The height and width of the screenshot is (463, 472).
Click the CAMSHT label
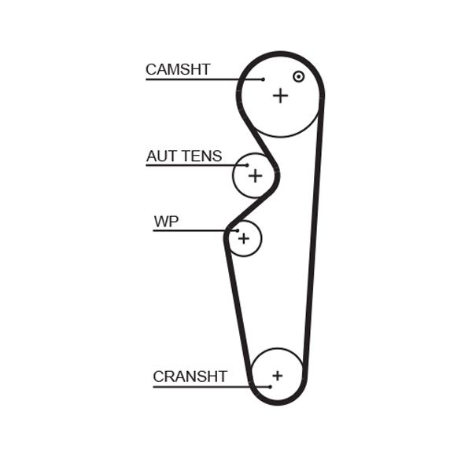(x=178, y=69)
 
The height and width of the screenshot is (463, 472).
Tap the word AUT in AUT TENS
(x=162, y=156)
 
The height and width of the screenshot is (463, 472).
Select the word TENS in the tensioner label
(x=202, y=156)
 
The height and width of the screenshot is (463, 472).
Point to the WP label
(x=166, y=222)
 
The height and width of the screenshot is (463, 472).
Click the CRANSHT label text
(x=190, y=377)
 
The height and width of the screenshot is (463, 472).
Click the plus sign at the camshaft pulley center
(x=280, y=95)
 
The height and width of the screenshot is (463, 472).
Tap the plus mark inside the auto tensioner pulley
(x=255, y=175)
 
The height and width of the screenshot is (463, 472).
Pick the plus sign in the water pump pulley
(x=244, y=237)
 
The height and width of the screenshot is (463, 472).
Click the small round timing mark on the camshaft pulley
(x=298, y=76)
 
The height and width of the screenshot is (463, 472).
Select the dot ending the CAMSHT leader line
(x=263, y=79)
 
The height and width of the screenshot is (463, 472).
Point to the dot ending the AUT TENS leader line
(x=246, y=165)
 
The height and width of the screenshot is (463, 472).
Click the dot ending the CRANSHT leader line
(x=269, y=386)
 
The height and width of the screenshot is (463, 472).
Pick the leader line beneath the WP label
(x=189, y=230)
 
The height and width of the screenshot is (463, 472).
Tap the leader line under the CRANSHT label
(x=205, y=386)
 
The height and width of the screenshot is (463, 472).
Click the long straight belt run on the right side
(x=313, y=236)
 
